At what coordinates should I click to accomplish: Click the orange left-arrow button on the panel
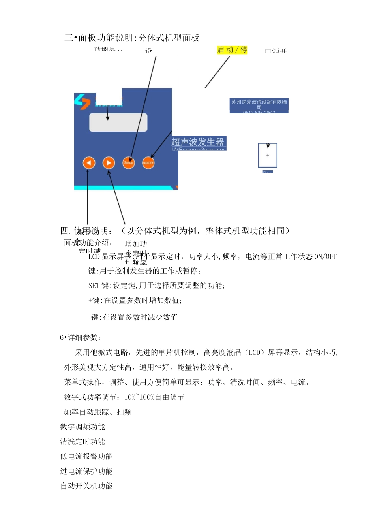coord(89,163)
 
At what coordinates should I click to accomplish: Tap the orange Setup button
coord(128,163)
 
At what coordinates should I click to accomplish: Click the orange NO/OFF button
coord(148,163)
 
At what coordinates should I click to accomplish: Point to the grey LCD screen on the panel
coord(118,122)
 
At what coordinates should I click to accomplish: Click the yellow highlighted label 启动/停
coord(232,50)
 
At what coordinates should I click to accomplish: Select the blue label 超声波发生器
coord(198,142)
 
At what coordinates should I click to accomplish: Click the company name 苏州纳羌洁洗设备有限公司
coord(259,104)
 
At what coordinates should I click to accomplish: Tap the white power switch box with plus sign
coord(268,155)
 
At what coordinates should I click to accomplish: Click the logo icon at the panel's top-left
coord(82,102)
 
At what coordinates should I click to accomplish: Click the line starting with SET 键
coord(157,286)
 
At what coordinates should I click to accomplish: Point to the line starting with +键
coord(135,301)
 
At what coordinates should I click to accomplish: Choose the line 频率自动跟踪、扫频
coord(98,412)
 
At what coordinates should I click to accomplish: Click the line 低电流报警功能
coord(86,457)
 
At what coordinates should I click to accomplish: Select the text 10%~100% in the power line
coord(139,397)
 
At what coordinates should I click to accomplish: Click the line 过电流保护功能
coord(86,471)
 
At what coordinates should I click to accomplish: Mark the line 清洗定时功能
coord(82,442)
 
